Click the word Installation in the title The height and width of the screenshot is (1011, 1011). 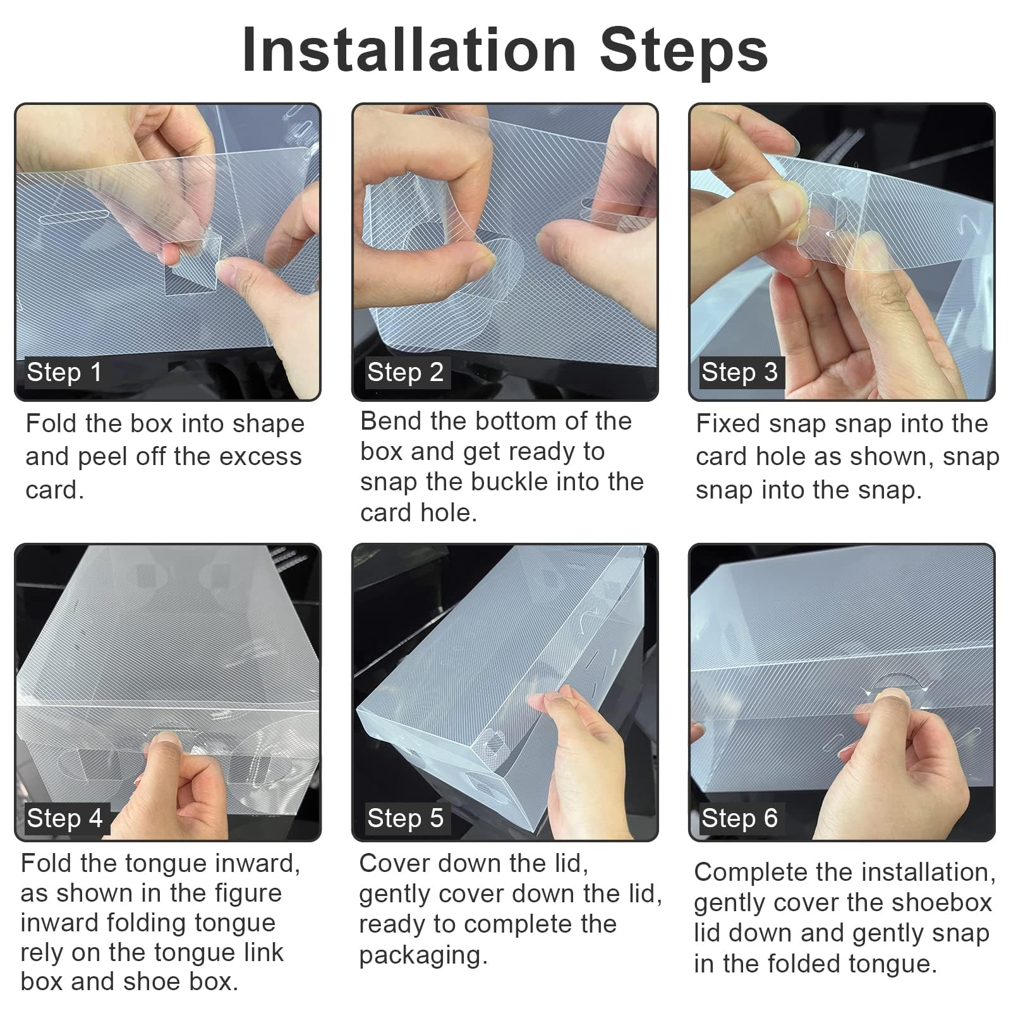point(409,50)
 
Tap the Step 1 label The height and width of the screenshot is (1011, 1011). point(64,372)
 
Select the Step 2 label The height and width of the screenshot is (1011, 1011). point(405,372)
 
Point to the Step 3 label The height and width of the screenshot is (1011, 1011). point(739,372)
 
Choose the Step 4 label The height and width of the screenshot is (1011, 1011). point(64,818)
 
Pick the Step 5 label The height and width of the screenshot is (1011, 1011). point(405,818)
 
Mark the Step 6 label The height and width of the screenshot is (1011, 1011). point(739,818)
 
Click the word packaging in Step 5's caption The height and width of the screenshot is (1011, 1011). point(423,955)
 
